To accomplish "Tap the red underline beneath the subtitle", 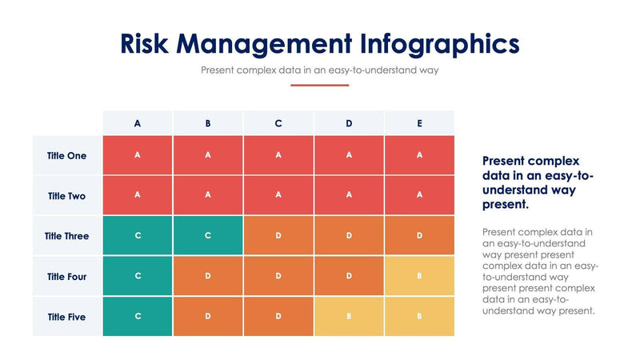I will (319, 85).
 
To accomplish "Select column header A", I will (138, 123).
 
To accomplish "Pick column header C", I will (278, 123).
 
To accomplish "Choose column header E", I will (419, 123).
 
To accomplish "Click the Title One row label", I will (67, 156).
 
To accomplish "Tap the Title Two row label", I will (67, 196).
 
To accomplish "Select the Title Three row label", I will (67, 236).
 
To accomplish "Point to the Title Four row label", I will (67, 277).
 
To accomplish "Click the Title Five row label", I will (67, 317).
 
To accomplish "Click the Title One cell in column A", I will (138, 155).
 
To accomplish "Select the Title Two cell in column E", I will (419, 195).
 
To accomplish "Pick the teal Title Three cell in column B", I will (208, 236).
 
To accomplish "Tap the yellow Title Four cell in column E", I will (419, 276).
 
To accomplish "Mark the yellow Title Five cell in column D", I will (349, 317).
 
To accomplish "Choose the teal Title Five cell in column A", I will (138, 317).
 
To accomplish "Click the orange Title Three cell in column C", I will (278, 236).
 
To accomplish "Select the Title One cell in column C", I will (278, 155).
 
